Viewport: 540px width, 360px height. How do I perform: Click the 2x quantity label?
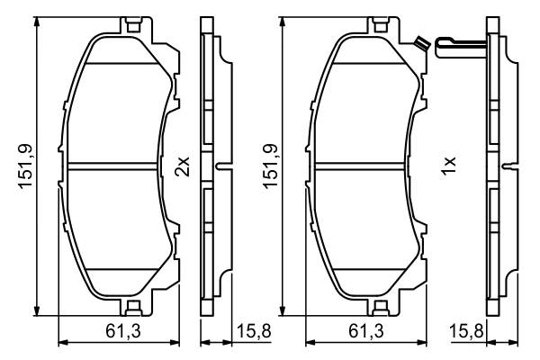point(183,166)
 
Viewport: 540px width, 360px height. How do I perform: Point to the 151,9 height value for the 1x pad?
point(270,166)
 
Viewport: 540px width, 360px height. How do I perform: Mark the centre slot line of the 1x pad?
point(364,166)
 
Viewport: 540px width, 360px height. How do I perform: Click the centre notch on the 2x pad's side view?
point(220,166)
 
